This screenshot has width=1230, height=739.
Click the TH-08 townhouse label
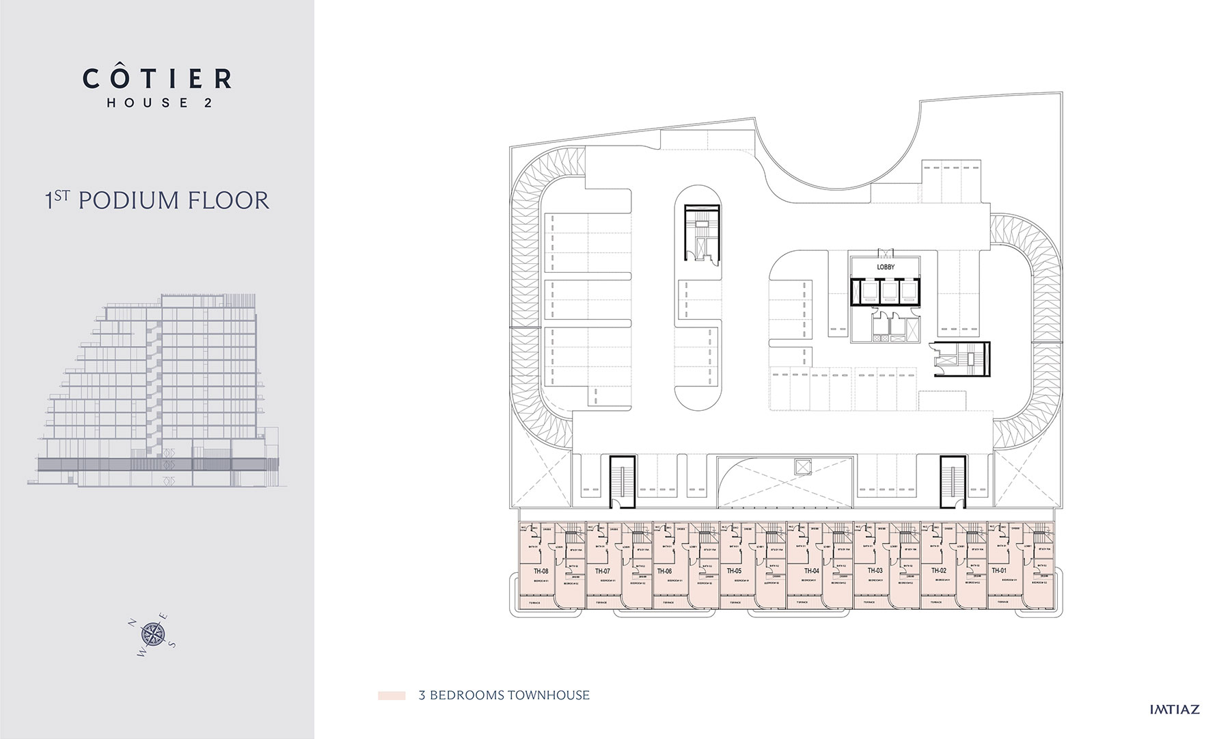[541, 571]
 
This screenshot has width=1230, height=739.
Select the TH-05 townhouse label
[735, 571]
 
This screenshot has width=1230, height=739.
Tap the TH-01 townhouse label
[999, 571]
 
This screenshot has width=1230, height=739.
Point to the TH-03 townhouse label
[875, 571]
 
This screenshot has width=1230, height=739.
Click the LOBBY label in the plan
[886, 267]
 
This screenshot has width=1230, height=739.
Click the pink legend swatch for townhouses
[392, 696]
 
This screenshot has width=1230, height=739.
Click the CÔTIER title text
[157, 79]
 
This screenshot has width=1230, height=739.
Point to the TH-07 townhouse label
[603, 571]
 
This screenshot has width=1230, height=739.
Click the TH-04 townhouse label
[811, 571]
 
